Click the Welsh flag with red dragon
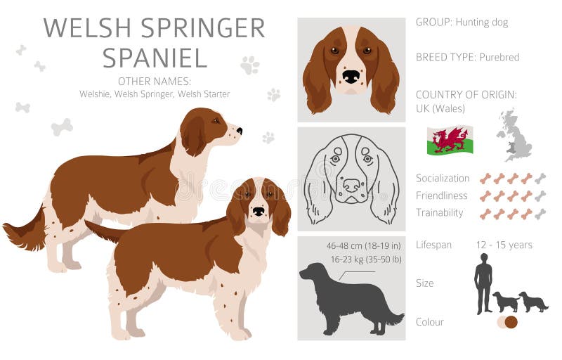(x=450, y=140)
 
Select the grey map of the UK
(x=515, y=135)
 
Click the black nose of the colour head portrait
(x=351, y=76)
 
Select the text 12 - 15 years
(x=504, y=245)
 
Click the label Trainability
(x=439, y=212)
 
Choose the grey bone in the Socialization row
(x=540, y=179)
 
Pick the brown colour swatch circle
(x=511, y=322)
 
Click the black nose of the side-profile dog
(x=239, y=131)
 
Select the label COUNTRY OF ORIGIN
(x=466, y=94)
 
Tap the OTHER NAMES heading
(x=154, y=81)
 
